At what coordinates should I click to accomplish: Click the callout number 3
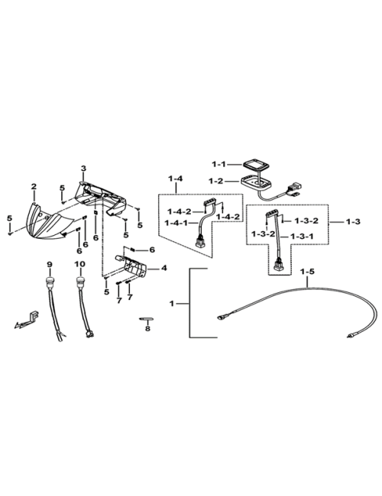coord(83,169)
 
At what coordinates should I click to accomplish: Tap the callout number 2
coord(34,186)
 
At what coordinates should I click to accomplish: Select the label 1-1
coord(218,164)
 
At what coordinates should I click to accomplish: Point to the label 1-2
coord(215,182)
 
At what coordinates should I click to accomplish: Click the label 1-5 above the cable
coord(308,272)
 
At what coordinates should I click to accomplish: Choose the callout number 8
coord(147,329)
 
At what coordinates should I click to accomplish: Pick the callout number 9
coord(49,263)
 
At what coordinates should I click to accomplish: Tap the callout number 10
coord(80,263)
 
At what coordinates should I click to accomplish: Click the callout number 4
coord(163,269)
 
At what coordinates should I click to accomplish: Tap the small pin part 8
coord(146,318)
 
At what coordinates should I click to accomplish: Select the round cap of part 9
coord(50,280)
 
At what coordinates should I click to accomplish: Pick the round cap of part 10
coord(80,280)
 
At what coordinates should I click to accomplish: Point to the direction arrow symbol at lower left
coord(26,320)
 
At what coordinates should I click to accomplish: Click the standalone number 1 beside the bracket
coord(172,304)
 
